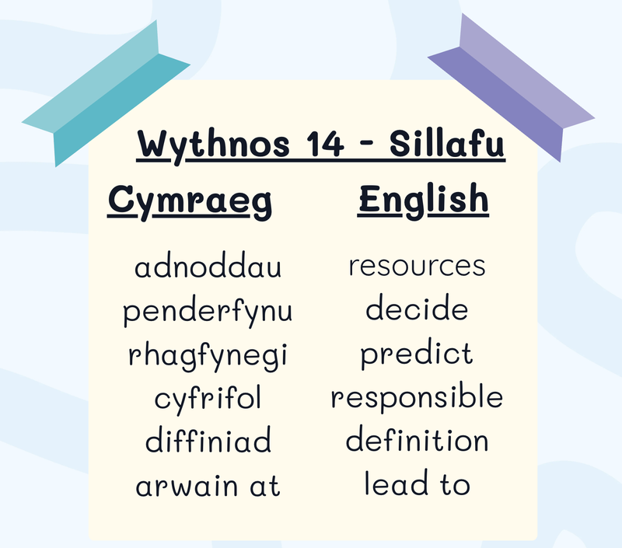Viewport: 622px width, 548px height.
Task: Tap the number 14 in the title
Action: (325, 144)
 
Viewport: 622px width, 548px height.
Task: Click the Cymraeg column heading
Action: (190, 201)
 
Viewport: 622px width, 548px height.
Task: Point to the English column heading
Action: (423, 201)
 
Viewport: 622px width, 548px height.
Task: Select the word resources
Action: (417, 266)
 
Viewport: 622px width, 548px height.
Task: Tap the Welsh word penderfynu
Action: (208, 312)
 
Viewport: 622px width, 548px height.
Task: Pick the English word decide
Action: (417, 307)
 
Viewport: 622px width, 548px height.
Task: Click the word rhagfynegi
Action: (208, 356)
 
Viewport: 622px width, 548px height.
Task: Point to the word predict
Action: (417, 354)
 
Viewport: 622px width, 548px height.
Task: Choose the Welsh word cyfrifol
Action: (208, 399)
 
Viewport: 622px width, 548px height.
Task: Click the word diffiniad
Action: (208, 439)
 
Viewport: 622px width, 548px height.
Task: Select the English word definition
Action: (417, 438)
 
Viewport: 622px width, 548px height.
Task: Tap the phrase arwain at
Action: (208, 485)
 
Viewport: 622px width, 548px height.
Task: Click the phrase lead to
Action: (417, 482)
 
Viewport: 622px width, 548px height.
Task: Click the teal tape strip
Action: (106, 93)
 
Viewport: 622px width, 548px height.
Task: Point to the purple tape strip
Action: (512, 88)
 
